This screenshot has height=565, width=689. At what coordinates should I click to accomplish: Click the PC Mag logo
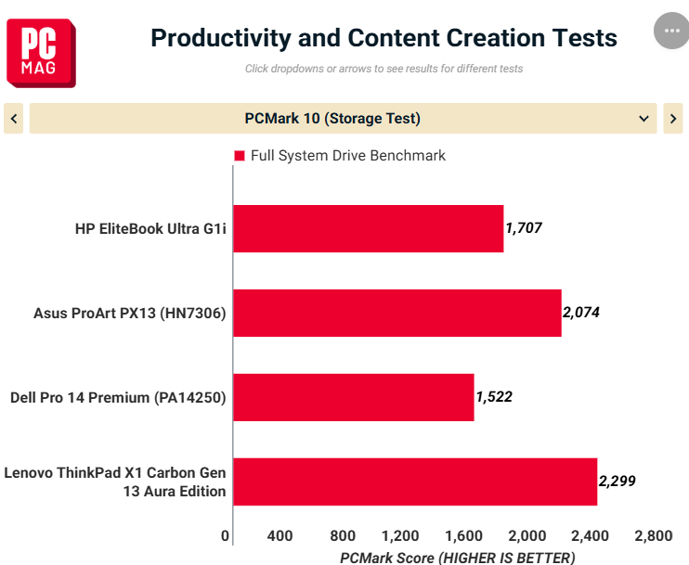click(x=41, y=53)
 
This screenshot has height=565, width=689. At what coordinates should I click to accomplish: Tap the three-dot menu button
click(x=671, y=31)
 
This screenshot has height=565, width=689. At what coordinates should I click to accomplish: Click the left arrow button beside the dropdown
click(x=14, y=118)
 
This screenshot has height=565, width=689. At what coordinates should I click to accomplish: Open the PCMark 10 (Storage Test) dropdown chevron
click(x=643, y=119)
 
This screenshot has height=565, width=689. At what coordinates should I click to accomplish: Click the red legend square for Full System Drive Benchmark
click(x=240, y=156)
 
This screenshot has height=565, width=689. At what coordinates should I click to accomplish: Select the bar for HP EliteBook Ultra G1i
click(x=369, y=229)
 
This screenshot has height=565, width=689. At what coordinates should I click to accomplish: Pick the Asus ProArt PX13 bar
click(x=397, y=313)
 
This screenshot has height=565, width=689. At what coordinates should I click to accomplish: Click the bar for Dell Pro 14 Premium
click(x=354, y=397)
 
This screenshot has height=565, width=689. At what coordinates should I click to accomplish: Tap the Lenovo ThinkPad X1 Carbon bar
click(x=415, y=482)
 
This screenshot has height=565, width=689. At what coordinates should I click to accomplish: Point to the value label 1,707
click(x=524, y=228)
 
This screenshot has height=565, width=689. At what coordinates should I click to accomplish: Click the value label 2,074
click(x=581, y=312)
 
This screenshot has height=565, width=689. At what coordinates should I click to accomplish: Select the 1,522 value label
click(x=494, y=396)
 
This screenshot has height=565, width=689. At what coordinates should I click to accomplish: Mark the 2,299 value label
click(x=617, y=481)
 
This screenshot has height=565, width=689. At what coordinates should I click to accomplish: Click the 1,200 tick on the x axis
click(x=400, y=535)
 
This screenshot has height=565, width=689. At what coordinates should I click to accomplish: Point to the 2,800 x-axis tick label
click(x=654, y=535)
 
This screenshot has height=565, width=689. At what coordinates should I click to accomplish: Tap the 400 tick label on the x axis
click(x=279, y=535)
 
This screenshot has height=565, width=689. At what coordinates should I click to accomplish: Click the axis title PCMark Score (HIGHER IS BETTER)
click(x=458, y=558)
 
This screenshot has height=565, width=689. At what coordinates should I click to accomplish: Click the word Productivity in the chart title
click(x=221, y=38)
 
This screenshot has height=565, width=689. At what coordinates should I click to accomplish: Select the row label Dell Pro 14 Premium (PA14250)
click(x=118, y=397)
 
